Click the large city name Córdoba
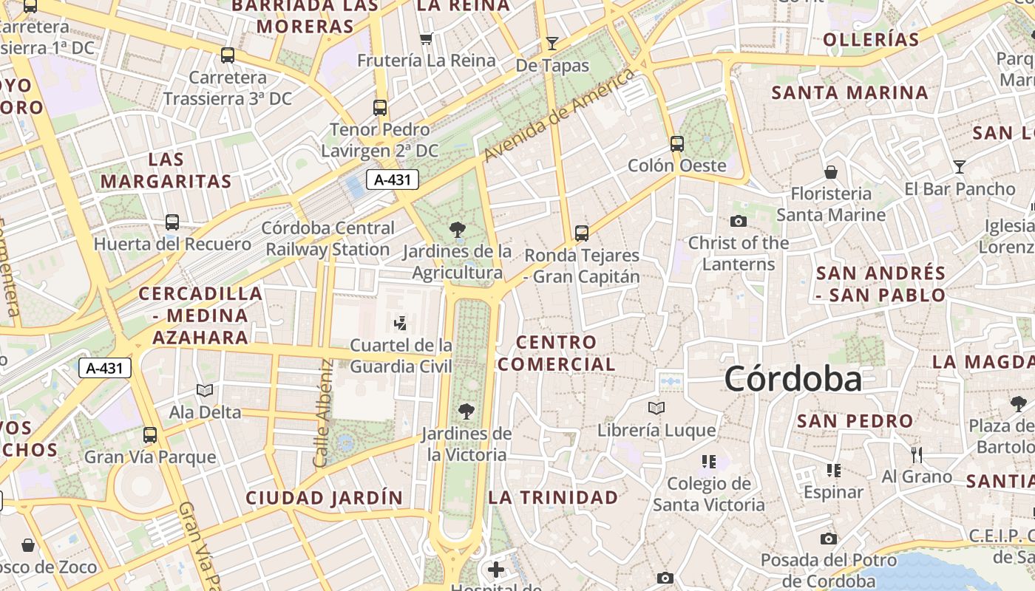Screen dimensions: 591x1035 point(793,379)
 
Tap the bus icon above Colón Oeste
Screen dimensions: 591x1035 point(676,144)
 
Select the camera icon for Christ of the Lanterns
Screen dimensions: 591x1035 point(738,221)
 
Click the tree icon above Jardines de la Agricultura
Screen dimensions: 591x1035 point(458,230)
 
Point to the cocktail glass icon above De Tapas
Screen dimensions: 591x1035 point(552,43)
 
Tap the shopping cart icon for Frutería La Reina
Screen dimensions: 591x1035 point(426,38)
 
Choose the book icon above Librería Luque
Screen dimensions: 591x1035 point(656,408)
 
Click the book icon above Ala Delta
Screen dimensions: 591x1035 point(205,390)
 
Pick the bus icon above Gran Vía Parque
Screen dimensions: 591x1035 point(150,435)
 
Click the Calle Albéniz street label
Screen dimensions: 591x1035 point(322,414)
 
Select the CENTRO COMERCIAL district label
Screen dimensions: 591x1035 point(556,353)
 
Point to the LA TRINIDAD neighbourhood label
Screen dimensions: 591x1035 point(553,497)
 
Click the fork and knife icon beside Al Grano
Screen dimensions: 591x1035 point(917,454)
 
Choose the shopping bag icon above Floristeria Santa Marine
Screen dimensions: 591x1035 point(831,172)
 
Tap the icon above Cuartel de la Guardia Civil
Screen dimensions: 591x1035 point(400,323)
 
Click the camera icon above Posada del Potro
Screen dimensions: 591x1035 point(828,539)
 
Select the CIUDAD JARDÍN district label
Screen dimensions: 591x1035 point(325,498)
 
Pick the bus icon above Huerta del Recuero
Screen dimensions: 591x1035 point(172,222)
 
